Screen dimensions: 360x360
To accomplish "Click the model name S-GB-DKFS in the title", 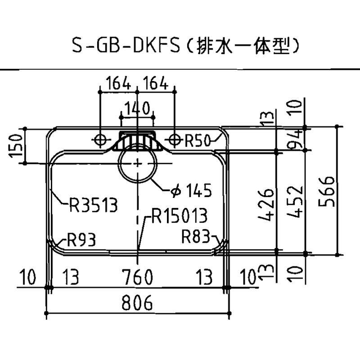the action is tap(126, 45).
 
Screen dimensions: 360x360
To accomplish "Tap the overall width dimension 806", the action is tap(137, 302).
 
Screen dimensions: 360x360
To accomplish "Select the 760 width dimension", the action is tap(137, 277).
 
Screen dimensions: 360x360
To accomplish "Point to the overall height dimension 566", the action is tap(327, 192).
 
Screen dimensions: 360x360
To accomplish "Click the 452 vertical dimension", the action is tap(295, 201).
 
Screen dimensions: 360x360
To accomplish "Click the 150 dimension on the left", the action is tap(16, 146).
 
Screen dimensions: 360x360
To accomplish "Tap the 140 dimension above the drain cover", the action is tap(137, 108).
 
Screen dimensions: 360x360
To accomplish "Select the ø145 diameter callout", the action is tap(191, 190).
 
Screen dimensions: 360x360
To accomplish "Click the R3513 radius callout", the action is tap(94, 205).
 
